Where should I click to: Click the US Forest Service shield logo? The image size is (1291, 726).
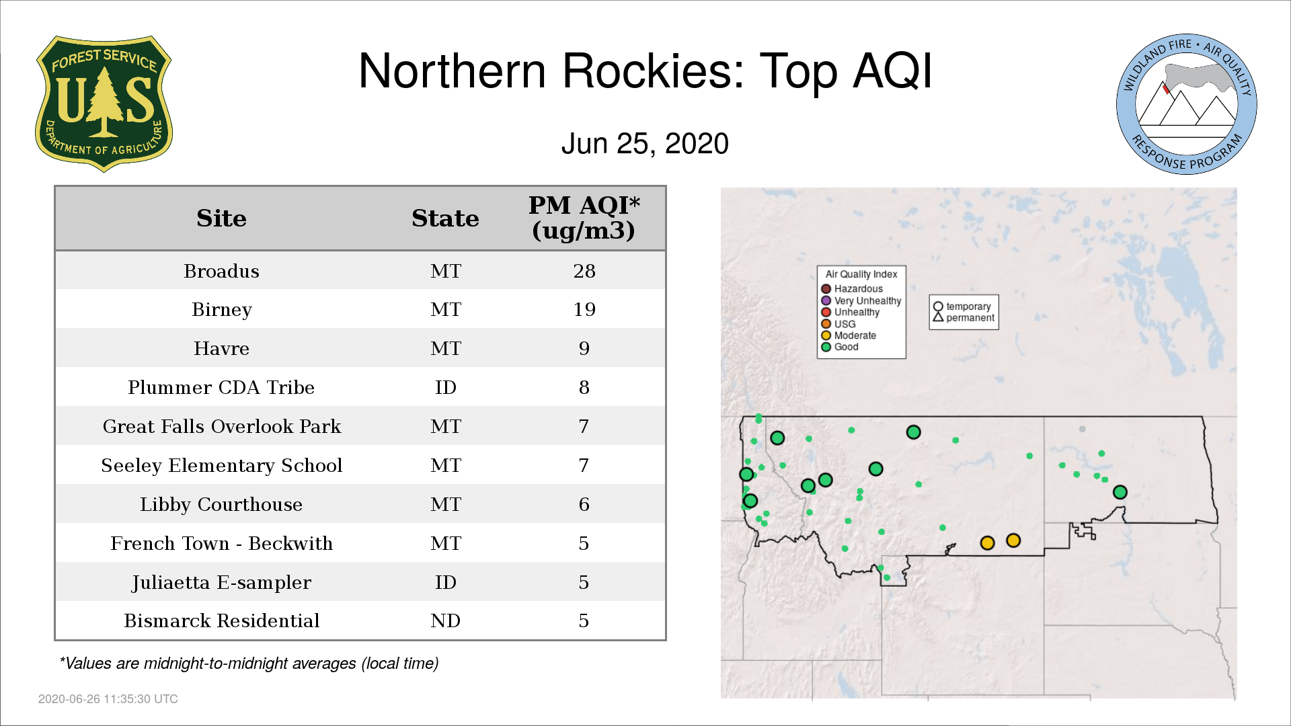click(x=104, y=104)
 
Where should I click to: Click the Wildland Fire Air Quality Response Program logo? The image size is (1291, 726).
click(x=1187, y=104)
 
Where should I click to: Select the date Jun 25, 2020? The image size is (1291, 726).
click(x=645, y=144)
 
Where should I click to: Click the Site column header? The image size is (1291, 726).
click(x=221, y=218)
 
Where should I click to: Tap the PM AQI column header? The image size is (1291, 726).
click(x=584, y=218)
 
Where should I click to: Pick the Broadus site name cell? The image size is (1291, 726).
click(x=221, y=271)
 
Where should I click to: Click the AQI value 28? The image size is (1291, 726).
click(x=584, y=271)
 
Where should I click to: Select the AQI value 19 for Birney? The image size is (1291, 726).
click(x=584, y=309)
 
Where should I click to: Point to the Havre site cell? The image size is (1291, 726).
click(x=221, y=348)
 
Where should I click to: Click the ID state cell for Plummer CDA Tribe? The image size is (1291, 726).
click(x=446, y=387)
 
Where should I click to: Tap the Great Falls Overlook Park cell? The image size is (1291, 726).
click(x=221, y=426)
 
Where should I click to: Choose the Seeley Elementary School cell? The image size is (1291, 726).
click(x=221, y=465)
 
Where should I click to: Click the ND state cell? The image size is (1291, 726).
click(x=446, y=620)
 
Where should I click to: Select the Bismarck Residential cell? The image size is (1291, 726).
click(x=221, y=620)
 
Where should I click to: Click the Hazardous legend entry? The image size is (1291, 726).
click(x=852, y=289)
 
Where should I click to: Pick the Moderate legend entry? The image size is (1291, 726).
click(x=849, y=335)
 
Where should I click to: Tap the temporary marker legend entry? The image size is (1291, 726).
click(x=962, y=307)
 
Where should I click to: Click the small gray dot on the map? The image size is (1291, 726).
click(x=1082, y=429)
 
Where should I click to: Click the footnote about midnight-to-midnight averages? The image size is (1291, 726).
click(x=249, y=663)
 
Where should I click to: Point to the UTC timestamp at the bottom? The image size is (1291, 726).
click(x=108, y=699)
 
